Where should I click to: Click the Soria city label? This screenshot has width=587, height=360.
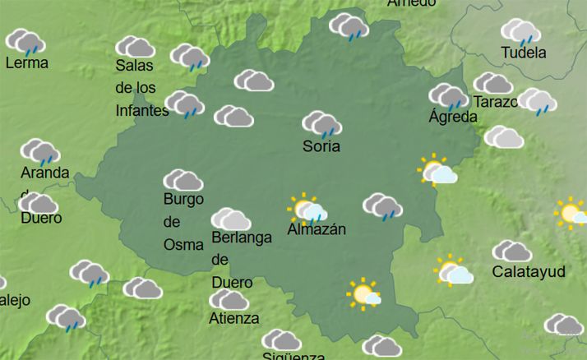[x=321, y=147]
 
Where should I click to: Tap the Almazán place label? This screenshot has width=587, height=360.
[x=317, y=229]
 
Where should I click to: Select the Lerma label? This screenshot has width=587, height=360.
[x=26, y=63]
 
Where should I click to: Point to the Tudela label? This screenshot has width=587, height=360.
[x=524, y=53]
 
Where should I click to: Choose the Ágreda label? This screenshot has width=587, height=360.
[x=452, y=117]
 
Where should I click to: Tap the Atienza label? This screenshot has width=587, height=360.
[x=233, y=318]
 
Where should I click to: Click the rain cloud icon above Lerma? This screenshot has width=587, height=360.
[x=25, y=41]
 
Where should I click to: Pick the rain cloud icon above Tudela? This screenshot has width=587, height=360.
[x=521, y=31]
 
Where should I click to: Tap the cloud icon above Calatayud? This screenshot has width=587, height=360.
[x=511, y=251]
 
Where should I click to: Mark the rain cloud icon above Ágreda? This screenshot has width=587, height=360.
[x=449, y=95]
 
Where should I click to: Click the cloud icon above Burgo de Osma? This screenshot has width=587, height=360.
[x=183, y=180]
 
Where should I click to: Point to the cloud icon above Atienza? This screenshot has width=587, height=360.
[x=229, y=299]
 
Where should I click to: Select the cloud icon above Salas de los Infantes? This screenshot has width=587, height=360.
[x=135, y=47]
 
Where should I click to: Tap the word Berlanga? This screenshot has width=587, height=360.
[x=241, y=238]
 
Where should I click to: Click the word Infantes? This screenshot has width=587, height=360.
[x=142, y=110]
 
